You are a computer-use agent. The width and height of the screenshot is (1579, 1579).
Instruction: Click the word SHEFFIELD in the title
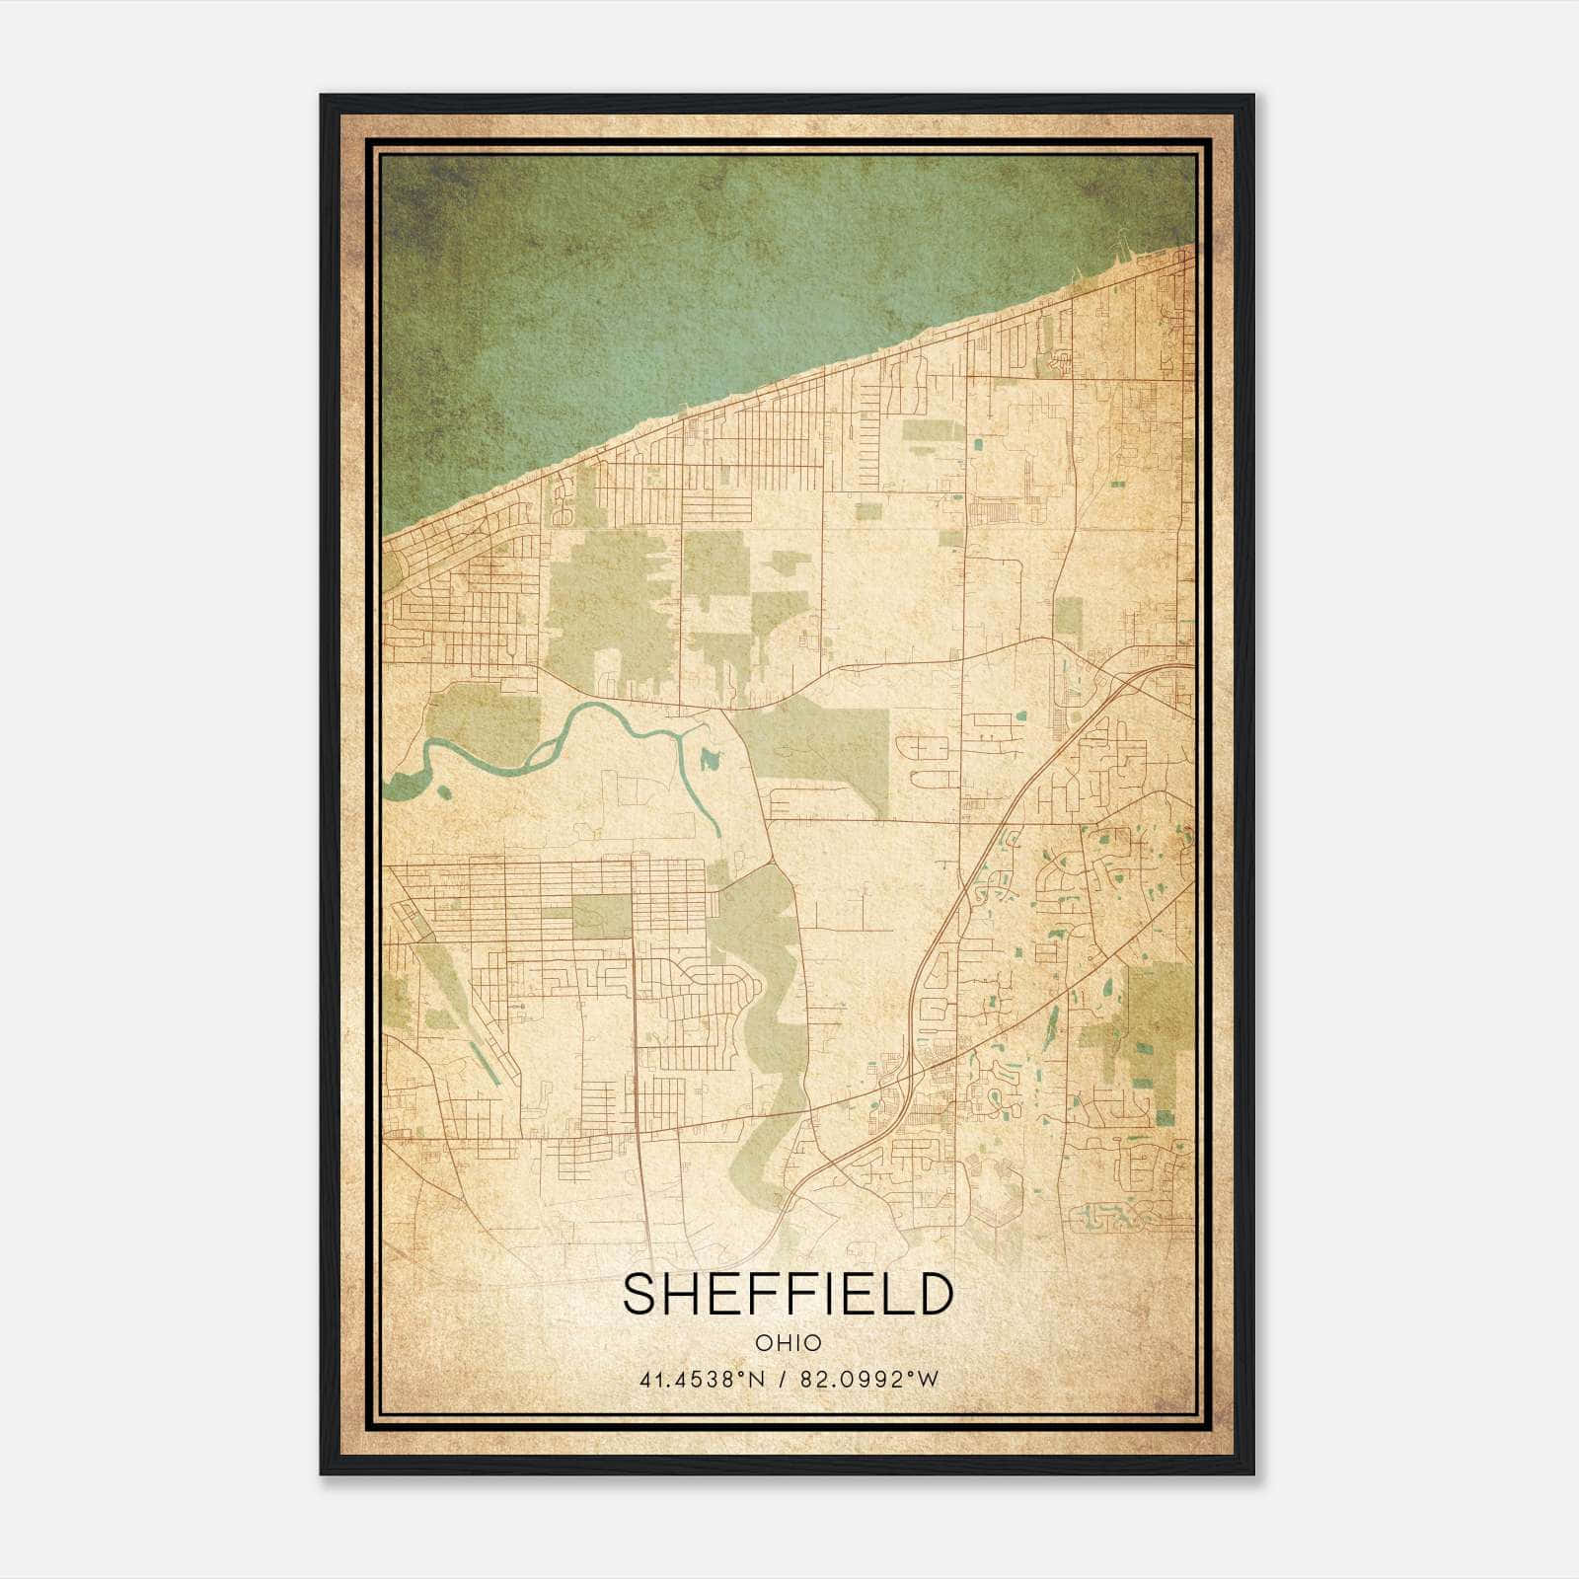tap(788, 1294)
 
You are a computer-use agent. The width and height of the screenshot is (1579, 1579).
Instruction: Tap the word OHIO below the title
tap(788, 1342)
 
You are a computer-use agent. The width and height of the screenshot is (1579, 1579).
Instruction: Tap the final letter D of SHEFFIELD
tap(934, 1294)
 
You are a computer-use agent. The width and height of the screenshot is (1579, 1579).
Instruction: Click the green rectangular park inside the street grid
tap(601, 916)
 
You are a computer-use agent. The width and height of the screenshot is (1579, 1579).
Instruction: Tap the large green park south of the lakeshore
tap(602, 602)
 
